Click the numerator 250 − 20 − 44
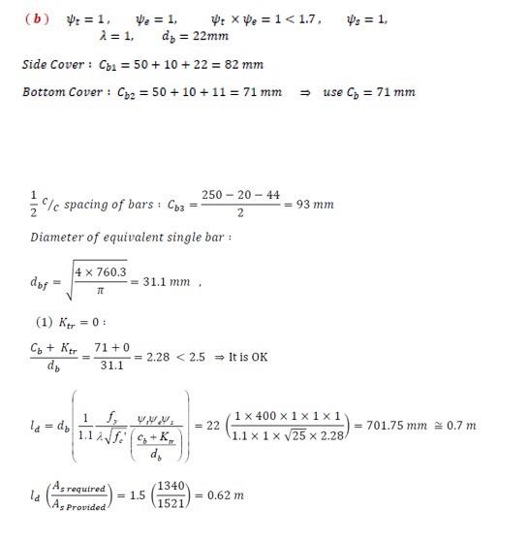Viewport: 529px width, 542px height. pyautogui.click(x=239, y=195)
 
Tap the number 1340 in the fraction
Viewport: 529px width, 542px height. pyautogui.click(x=176, y=487)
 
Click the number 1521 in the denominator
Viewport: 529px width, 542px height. pyautogui.click(x=176, y=503)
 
